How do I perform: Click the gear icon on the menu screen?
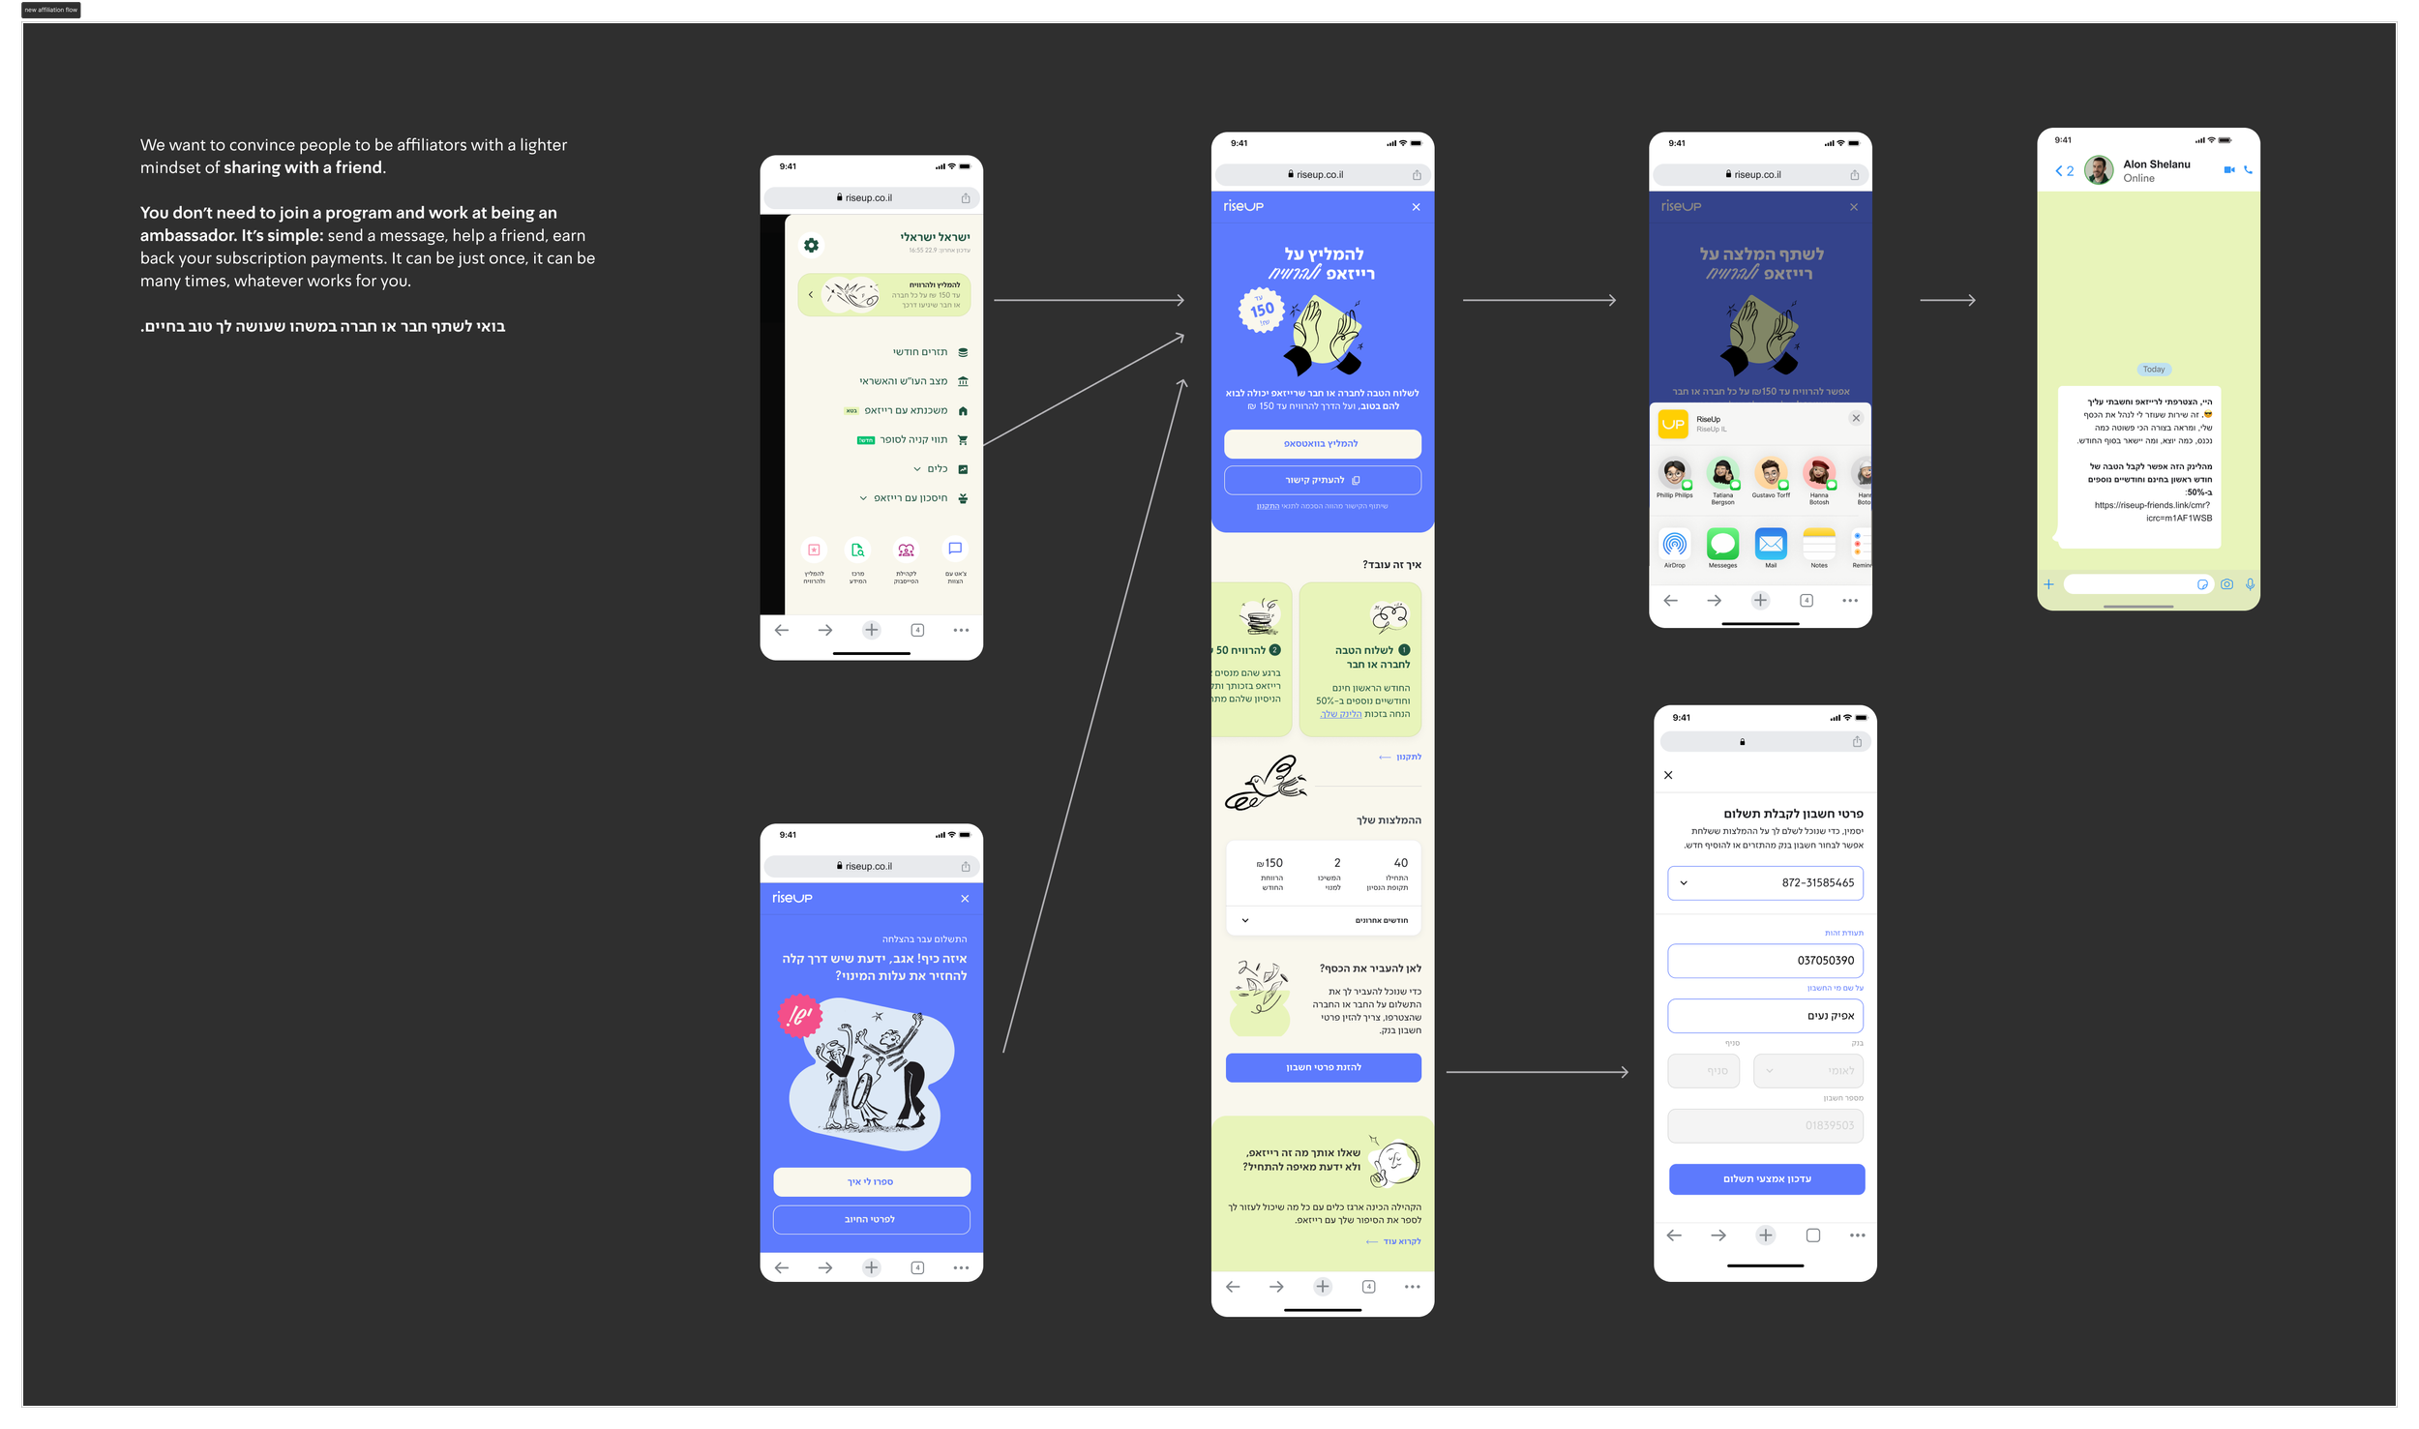coord(811,246)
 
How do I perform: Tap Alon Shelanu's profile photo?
coord(2098,170)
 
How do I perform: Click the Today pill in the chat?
coord(2153,370)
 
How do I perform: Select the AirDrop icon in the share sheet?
coord(1674,544)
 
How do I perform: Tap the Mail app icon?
coord(1771,544)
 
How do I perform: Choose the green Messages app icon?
coord(1722,544)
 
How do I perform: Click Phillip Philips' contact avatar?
coord(1674,473)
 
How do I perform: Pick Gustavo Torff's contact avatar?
coord(1770,473)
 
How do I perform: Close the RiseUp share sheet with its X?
coord(1856,418)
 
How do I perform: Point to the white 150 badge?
coord(1261,311)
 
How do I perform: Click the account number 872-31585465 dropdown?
coord(1765,882)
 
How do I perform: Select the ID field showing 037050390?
coord(1765,961)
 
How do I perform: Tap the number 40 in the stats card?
coord(1400,863)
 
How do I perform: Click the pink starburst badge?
coord(799,1016)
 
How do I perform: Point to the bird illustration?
coord(1266,784)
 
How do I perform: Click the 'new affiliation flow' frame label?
coord(51,10)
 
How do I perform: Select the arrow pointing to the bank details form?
coord(1537,1072)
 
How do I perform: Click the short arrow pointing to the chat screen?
coord(1947,300)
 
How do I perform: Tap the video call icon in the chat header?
coord(2228,170)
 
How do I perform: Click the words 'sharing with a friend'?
coord(304,167)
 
